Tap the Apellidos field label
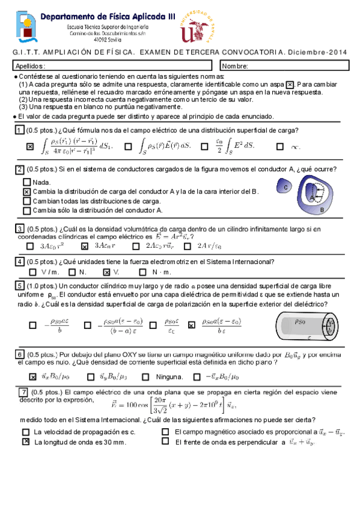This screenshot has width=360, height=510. [30, 66]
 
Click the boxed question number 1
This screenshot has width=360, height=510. [20, 131]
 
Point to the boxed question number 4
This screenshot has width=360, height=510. [20, 262]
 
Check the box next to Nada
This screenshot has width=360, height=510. [26, 182]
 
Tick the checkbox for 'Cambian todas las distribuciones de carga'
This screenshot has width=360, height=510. [26, 201]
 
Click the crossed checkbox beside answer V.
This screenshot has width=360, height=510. [107, 272]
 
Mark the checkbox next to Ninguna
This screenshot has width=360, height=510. [145, 377]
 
